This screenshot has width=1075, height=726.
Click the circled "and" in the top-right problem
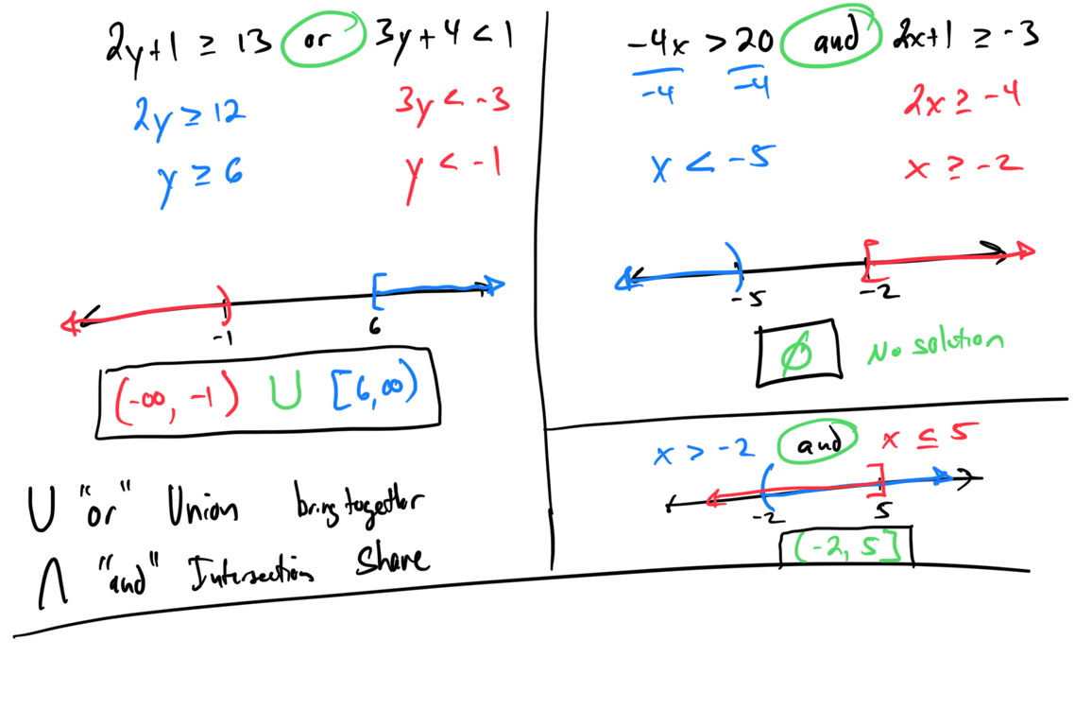click(834, 40)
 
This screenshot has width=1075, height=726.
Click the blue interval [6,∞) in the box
click(374, 389)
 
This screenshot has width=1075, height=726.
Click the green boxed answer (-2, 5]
click(845, 547)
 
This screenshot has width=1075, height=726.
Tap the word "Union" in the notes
click(201, 510)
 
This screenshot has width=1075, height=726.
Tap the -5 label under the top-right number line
click(748, 299)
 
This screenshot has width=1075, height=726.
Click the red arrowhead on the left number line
click(71, 324)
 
